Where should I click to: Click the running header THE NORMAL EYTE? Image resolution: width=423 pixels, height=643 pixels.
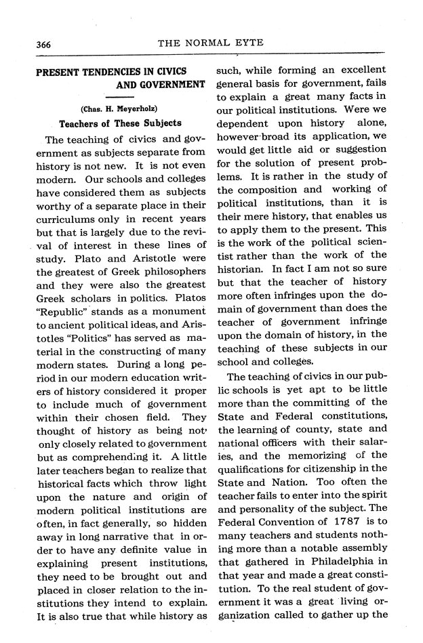pyautogui.click(x=210, y=43)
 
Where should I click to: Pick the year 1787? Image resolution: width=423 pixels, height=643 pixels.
pyautogui.click(x=342, y=523)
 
